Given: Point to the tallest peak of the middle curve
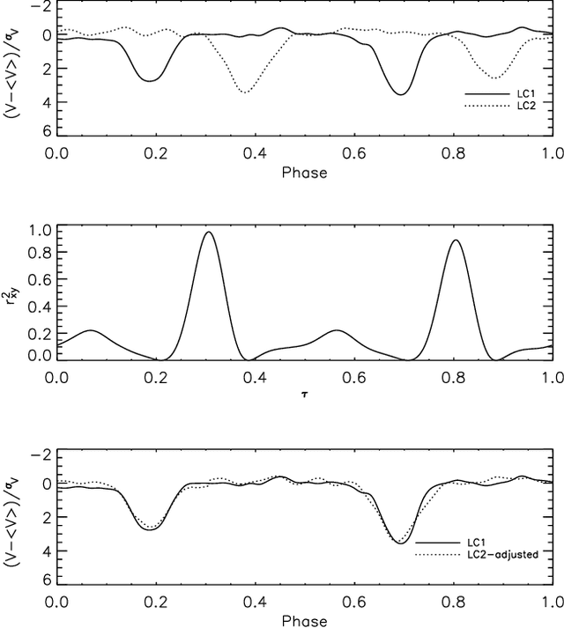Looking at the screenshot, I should click(208, 232).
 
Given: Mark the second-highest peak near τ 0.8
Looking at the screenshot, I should click(456, 240).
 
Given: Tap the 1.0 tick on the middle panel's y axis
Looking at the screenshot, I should click(38, 231).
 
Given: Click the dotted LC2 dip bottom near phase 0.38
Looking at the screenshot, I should click(244, 92).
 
